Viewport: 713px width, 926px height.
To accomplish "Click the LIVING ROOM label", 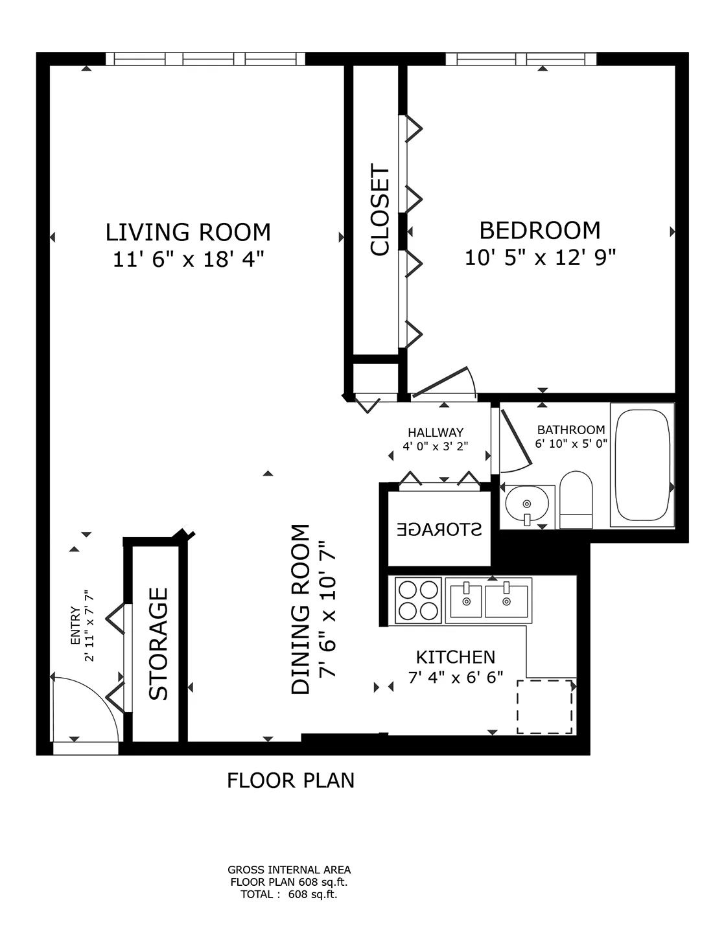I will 188,231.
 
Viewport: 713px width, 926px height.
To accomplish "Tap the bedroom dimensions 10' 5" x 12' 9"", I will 539,258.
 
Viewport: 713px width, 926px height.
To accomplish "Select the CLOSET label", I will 380,211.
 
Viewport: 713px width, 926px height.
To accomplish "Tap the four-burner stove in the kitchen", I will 418,600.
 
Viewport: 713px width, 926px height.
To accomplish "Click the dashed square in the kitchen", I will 544,707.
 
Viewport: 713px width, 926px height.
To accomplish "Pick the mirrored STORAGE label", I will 439,529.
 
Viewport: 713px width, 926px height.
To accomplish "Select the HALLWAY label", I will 436,432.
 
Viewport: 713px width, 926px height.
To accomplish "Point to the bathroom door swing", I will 515,441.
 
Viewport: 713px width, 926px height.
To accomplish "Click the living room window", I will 205,59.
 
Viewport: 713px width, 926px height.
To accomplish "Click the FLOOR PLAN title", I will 290,780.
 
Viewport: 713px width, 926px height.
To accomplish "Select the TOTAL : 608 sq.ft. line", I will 289,895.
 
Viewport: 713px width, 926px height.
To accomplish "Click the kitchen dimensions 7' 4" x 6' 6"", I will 455,678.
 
